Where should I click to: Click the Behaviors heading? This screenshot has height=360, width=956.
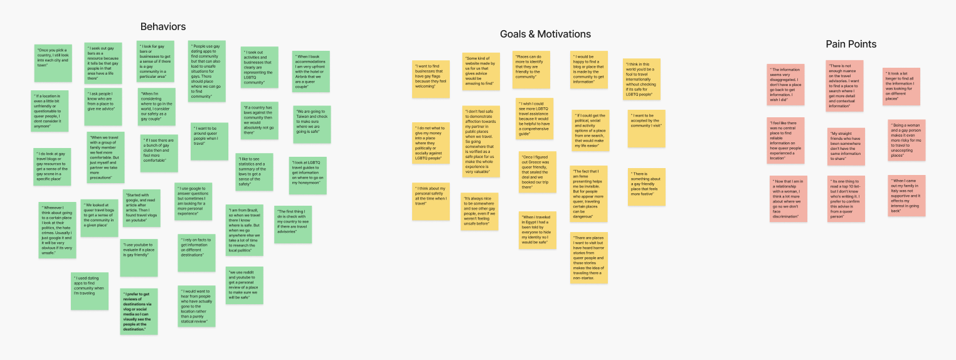tap(163, 26)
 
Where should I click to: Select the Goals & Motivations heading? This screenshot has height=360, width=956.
tap(545, 34)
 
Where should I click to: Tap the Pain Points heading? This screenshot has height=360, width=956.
tap(851, 44)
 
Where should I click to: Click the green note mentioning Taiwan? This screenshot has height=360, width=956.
tap(312, 124)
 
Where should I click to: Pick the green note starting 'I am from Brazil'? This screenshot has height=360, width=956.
tap(245, 230)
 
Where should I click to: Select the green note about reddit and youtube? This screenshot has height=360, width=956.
tap(245, 285)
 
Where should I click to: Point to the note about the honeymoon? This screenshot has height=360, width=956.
tap(308, 175)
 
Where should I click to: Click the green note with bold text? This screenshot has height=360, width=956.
tap(139, 311)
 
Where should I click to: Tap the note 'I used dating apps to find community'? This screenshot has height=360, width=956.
tap(90, 291)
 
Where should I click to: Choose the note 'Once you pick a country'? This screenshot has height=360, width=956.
tap(53, 63)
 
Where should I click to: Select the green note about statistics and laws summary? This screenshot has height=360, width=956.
tap(254, 172)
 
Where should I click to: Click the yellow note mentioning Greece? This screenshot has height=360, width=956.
tap(538, 172)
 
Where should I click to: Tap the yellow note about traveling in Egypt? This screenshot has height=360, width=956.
tap(538, 230)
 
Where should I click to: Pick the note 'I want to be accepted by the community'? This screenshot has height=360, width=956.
tap(646, 129)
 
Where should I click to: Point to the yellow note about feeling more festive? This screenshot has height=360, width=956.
tap(647, 186)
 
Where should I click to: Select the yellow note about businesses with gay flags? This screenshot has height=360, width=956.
tap(431, 79)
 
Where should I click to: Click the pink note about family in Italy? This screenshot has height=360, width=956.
tap(906, 196)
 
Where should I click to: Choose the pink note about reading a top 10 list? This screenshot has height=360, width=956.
tap(846, 199)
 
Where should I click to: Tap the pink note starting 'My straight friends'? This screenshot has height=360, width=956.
tap(846, 147)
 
